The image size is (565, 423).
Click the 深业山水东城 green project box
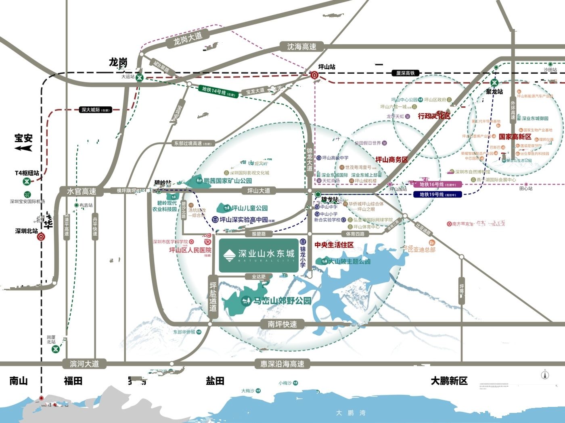pos(259,255)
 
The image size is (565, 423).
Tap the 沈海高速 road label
pos(301,47)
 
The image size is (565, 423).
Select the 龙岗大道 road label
pos(187,39)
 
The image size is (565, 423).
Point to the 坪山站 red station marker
pos(314,75)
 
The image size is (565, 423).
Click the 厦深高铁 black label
pos(405,73)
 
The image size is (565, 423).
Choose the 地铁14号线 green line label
pos(218,91)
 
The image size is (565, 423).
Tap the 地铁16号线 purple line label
pos(437,185)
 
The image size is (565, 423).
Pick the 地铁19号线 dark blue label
pos(437,195)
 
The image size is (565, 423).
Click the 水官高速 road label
pos(82,191)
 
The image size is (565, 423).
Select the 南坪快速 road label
pos(282,324)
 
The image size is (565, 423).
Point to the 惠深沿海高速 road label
pos(282,364)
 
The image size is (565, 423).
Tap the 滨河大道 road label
pos(84,364)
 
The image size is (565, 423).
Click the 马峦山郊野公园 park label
pos(282,301)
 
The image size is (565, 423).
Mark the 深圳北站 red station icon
pos(41,237)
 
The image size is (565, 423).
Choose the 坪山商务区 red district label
pos(391,160)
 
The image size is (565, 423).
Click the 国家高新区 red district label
pos(515,137)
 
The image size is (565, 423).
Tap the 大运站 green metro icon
pos(140,78)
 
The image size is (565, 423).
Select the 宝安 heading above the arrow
pos(23,138)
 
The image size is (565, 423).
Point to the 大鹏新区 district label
pos(449,381)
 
